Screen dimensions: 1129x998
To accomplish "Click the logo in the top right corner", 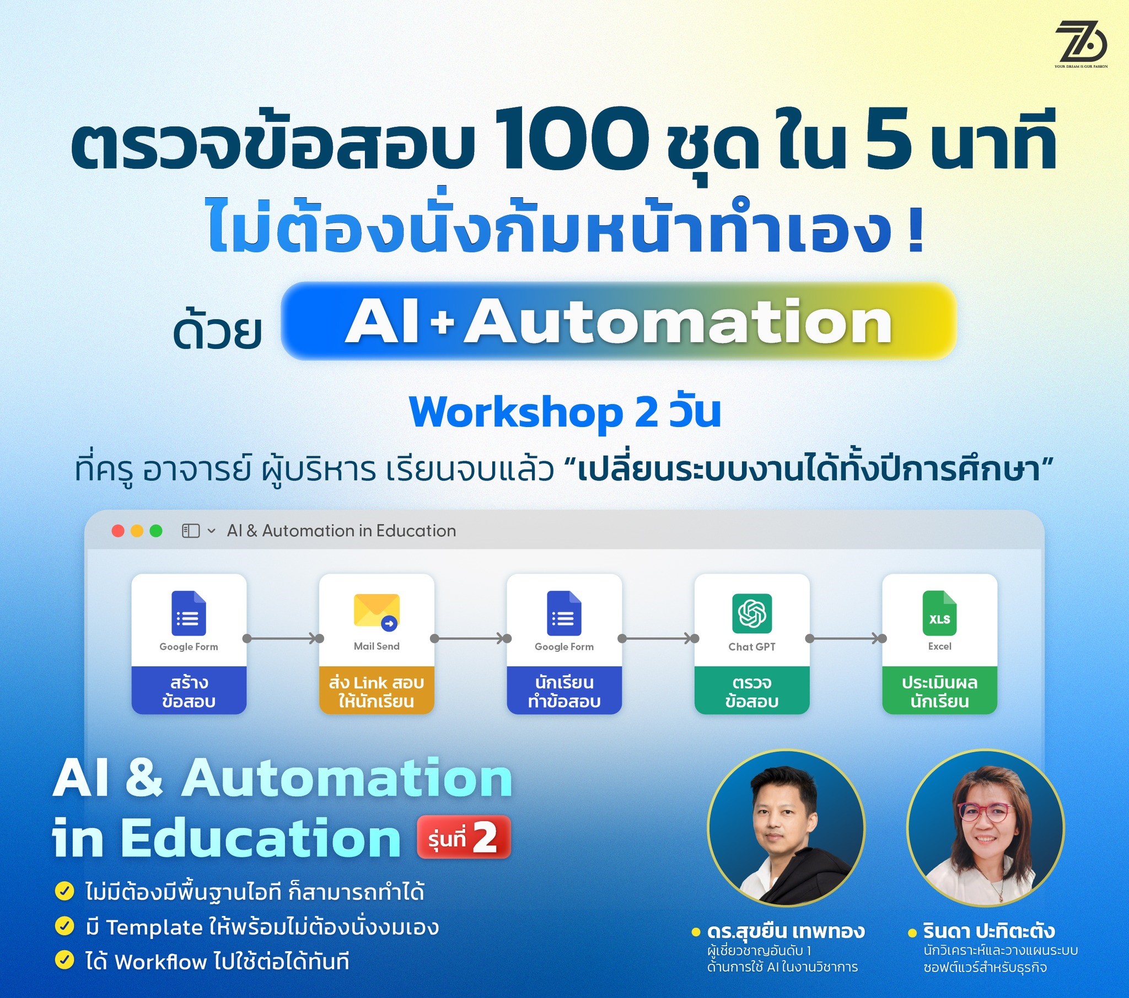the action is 1081,44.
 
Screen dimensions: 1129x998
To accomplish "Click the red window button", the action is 117,531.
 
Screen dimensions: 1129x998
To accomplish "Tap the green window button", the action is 157,531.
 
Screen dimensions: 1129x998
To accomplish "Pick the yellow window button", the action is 137,531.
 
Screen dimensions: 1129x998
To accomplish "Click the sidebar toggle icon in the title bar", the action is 191,531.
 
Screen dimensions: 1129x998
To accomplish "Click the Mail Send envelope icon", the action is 377,611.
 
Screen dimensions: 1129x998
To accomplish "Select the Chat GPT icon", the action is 752,612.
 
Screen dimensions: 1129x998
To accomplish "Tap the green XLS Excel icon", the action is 939,613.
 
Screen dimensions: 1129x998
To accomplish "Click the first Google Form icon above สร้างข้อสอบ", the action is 189,613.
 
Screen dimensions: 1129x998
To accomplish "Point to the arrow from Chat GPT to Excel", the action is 846,639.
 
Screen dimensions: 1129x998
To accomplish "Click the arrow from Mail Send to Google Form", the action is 471,639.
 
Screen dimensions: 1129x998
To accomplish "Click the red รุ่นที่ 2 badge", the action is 463,837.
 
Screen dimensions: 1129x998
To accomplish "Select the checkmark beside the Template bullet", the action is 64,926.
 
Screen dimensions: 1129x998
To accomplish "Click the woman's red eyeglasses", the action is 985,811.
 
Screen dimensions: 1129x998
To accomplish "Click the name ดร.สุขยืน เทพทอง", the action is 786,932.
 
